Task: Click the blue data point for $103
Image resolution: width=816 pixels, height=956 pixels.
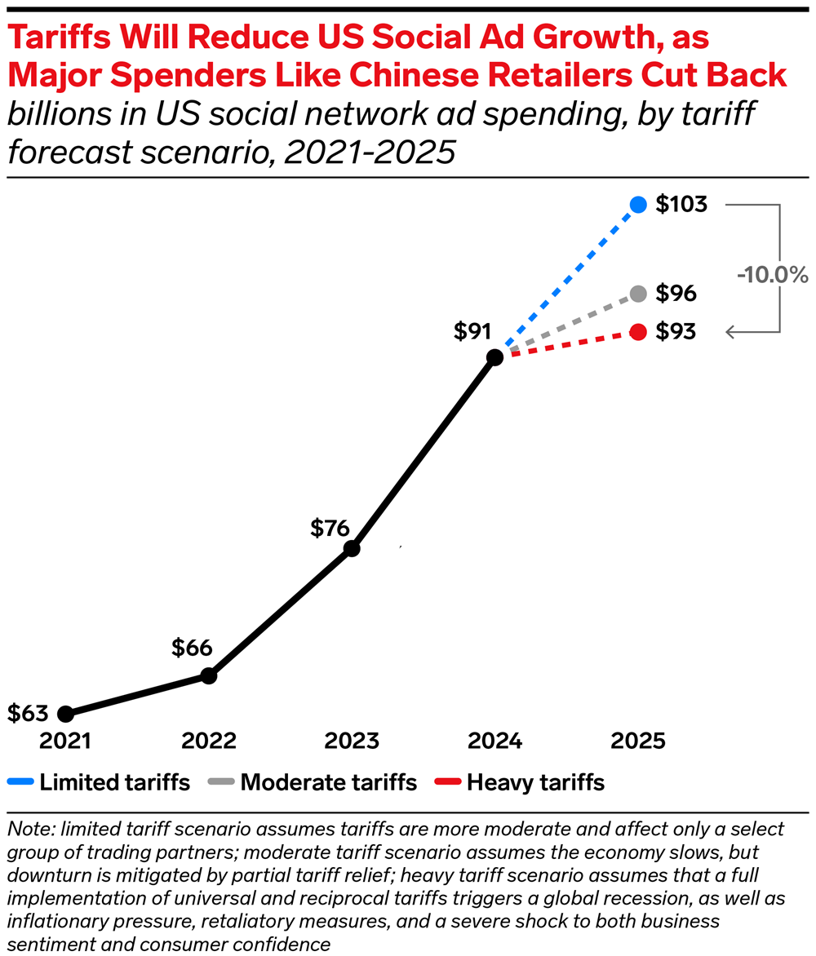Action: (638, 205)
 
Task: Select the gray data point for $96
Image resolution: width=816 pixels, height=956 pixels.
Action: (638, 293)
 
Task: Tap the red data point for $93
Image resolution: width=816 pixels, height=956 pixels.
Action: (638, 332)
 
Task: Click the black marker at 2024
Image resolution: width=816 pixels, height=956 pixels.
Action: (494, 356)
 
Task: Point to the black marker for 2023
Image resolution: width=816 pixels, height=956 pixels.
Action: (351, 549)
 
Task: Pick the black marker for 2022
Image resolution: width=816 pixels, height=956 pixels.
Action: (208, 675)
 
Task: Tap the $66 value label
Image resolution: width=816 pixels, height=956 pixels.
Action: (192, 648)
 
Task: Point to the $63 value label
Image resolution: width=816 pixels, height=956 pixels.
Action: (28, 712)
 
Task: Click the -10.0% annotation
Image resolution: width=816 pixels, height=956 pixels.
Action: (772, 275)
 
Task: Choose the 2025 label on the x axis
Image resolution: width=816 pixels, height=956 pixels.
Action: (638, 741)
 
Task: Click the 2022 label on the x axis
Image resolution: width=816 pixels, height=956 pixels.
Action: (208, 741)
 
